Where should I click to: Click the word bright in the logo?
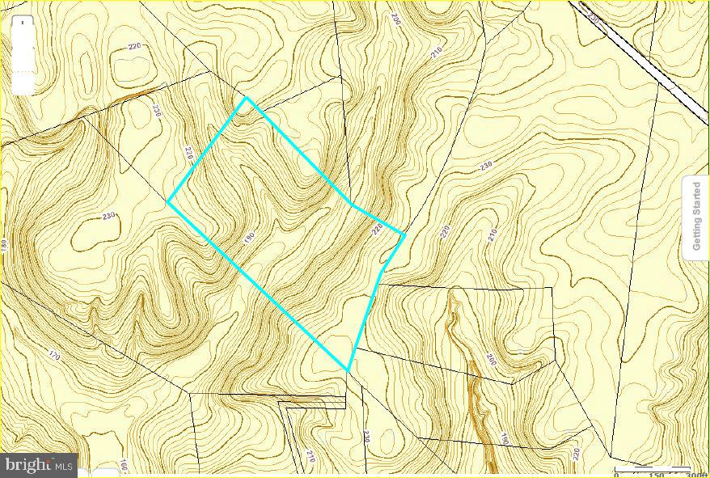pos(29,465)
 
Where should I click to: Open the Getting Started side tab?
pos(696,216)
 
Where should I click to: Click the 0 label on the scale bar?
pos(618,475)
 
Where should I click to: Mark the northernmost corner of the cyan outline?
pos(247,99)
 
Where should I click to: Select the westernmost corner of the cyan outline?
pos(168,202)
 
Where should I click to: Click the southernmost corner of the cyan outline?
pos(348,370)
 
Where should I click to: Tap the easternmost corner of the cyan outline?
pos(404,235)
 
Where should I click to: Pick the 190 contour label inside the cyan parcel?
pos(249,238)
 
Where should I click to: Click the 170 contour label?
pos(55,354)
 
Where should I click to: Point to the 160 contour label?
pos(124,467)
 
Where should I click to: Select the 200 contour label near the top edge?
pos(395,18)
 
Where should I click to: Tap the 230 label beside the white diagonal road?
pos(594,17)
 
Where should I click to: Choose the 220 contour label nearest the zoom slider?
pos(134,46)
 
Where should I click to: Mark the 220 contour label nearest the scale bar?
pos(577,454)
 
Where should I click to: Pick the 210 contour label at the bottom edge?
pos(310,458)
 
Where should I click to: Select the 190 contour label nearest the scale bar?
pos(504,438)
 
